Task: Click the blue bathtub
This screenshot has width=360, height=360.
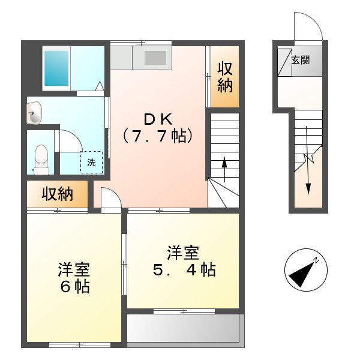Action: point(57,69)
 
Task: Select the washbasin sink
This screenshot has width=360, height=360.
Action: point(34,113)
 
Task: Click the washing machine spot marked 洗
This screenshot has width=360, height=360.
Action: point(92,162)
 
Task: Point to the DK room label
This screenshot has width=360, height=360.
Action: point(158,118)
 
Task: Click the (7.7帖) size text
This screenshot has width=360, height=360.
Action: point(158,136)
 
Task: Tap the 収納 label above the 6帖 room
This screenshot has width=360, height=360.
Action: point(57,194)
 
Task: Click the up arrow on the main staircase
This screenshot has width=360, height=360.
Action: point(224,166)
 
